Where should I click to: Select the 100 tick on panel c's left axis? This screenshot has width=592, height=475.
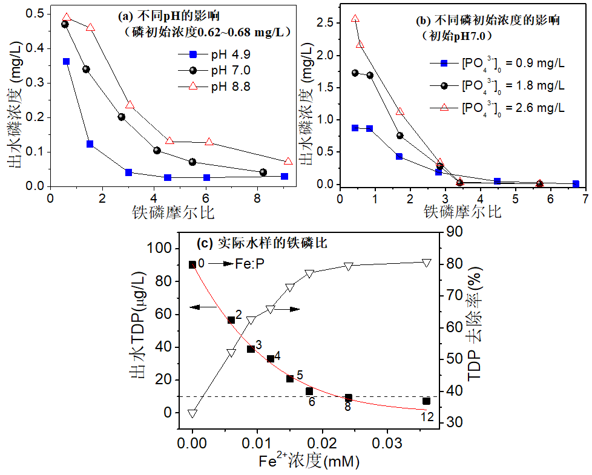coord(163,249)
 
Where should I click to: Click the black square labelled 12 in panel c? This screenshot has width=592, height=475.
coord(427,401)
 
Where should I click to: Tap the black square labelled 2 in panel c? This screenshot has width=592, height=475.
coord(231,319)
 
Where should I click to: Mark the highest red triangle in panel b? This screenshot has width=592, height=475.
coord(355,19)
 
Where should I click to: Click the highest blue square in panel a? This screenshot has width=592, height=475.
coord(66,62)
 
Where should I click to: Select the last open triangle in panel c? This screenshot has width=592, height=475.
coord(427,263)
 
